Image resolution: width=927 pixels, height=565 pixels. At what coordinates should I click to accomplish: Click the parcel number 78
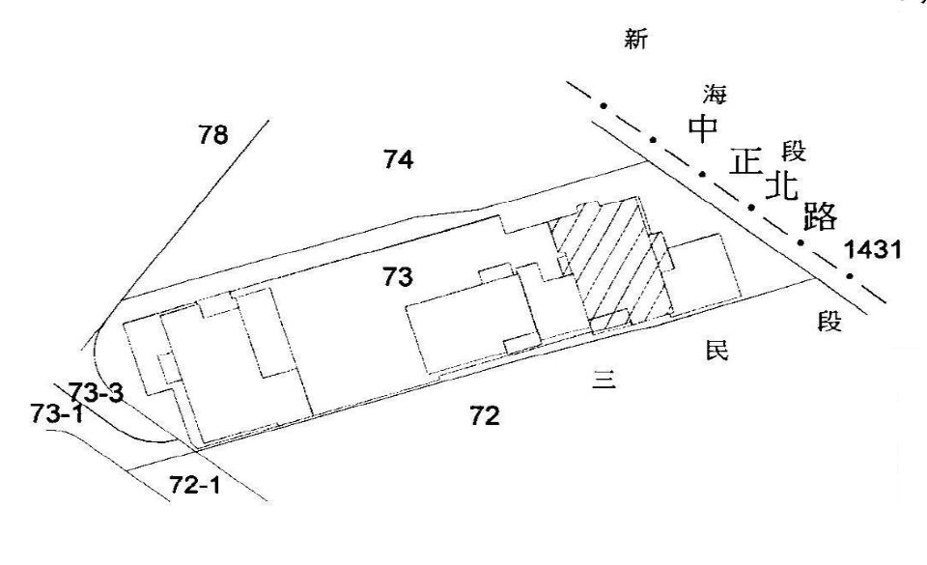point(213,135)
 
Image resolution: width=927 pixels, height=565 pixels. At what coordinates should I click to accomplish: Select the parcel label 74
point(398,160)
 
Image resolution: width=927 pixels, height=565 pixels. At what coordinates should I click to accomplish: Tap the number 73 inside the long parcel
point(397,278)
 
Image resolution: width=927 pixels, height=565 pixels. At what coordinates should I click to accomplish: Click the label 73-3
point(96,392)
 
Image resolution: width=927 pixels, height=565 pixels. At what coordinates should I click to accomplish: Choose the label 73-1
point(56,413)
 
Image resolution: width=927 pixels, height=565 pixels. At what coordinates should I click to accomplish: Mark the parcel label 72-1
point(195,485)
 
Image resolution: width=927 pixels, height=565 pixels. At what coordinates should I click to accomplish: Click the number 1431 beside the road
point(873,250)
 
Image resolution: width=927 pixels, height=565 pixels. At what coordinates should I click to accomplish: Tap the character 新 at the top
point(636,41)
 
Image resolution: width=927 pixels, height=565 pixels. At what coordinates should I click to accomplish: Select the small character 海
point(716,94)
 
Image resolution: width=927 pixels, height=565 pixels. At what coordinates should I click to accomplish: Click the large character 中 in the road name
point(701,128)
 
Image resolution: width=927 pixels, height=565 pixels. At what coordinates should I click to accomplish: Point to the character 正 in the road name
point(745,160)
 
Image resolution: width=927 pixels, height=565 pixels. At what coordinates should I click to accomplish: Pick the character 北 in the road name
point(782,185)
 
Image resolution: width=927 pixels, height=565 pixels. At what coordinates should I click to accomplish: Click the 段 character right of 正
point(794,151)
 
